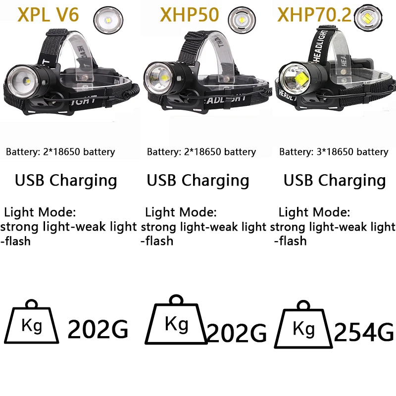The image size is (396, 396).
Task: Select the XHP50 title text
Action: pyautogui.click(x=189, y=15)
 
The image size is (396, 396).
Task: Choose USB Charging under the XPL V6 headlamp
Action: pyautogui.click(x=66, y=180)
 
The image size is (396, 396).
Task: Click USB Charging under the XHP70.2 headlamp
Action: pyautogui.click(x=335, y=180)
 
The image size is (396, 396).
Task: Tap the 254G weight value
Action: pyautogui.click(x=363, y=332)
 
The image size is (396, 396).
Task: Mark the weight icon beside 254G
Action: pyautogui.click(x=303, y=328)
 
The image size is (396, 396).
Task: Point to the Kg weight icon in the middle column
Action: pyautogui.click(x=176, y=322)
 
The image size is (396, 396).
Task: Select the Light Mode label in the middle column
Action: pyautogui.click(x=181, y=213)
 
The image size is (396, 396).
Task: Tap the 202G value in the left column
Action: pyautogui.click(x=98, y=329)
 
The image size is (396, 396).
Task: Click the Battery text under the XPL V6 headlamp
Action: pyautogui.click(x=60, y=152)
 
